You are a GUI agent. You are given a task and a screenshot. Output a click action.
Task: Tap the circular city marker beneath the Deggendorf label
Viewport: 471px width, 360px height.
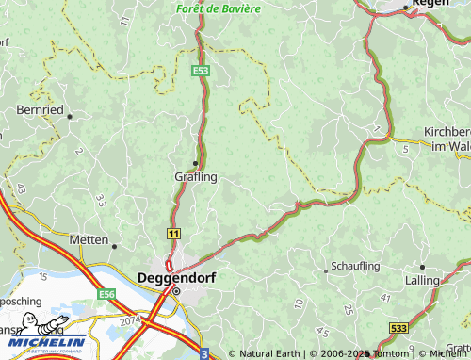coord(175,291)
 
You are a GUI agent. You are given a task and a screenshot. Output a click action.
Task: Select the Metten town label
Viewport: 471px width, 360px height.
coord(89,240)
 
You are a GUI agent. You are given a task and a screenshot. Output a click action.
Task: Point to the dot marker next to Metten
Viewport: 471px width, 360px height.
coord(115,246)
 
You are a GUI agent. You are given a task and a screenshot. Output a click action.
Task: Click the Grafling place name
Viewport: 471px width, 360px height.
coord(195,176)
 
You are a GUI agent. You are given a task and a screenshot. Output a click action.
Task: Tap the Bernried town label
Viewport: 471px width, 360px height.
coord(40,110)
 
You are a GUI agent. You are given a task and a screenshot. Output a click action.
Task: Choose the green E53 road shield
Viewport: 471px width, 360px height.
coord(200,70)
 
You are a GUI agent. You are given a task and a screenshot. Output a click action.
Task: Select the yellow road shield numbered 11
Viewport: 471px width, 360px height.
coord(174,232)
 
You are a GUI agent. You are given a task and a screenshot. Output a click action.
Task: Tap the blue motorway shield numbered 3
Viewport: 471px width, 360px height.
coord(203,352)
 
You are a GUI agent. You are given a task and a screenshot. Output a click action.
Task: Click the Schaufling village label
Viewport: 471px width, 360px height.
coord(355,267)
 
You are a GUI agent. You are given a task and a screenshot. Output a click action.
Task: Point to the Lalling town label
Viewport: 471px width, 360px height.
coord(423,280)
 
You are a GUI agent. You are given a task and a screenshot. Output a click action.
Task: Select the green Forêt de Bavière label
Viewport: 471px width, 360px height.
coord(218,8)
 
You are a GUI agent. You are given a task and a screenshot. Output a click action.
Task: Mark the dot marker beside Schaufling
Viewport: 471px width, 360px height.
coord(326,270)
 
